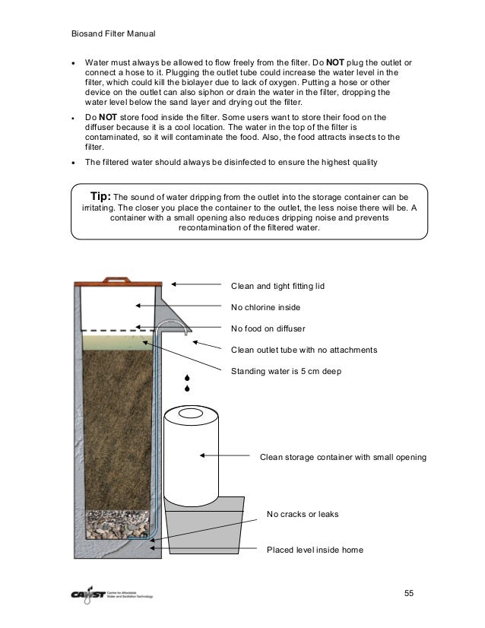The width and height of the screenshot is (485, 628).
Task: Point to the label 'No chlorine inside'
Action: coord(265,308)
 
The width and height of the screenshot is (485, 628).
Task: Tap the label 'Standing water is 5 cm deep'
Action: coord(286,372)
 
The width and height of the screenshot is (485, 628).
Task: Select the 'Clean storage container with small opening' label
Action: coord(343,458)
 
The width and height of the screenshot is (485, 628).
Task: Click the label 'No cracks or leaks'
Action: coord(303,515)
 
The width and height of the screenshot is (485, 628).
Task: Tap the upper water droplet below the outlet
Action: coord(186,377)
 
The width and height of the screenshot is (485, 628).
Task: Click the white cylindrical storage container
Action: coord(192,456)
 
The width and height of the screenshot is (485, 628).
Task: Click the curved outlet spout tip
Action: coord(185,331)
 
